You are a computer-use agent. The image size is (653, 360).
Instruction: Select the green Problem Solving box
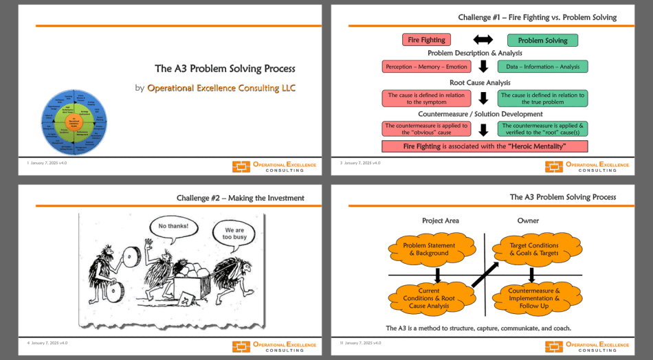pyautogui.click(x=542, y=41)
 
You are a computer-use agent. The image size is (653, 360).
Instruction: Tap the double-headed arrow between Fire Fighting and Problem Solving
pyautogui.click(x=484, y=40)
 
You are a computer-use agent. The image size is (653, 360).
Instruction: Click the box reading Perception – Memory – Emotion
pyautogui.click(x=426, y=67)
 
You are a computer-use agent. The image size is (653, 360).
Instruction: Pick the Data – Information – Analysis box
pyautogui.click(x=542, y=67)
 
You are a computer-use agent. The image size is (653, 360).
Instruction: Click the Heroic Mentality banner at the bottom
pyautogui.click(x=485, y=146)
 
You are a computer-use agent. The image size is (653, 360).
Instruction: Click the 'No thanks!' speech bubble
pyautogui.click(x=173, y=226)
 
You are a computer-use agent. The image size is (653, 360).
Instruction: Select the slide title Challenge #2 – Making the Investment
pyautogui.click(x=240, y=198)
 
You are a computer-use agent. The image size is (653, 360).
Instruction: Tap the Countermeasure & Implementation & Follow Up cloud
pyautogui.click(x=534, y=297)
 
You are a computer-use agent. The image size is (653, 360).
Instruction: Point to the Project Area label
pyautogui.click(x=440, y=221)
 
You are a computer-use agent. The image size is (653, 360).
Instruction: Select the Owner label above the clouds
pyautogui.click(x=528, y=221)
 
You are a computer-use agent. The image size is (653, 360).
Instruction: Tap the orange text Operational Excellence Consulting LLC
pyautogui.click(x=221, y=88)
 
